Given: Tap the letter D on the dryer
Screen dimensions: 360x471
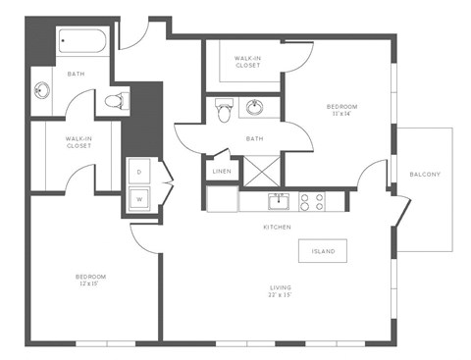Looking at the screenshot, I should (x=139, y=172).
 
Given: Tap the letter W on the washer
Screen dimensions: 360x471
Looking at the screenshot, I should (x=139, y=201).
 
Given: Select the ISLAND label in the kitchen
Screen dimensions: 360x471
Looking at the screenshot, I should (x=323, y=251).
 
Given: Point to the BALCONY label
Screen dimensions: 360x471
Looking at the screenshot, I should (x=425, y=175).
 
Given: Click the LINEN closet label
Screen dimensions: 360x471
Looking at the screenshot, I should (x=222, y=172).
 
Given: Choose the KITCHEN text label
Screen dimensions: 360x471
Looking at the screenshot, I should (x=276, y=227).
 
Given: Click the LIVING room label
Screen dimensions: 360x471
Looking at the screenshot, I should (x=282, y=287).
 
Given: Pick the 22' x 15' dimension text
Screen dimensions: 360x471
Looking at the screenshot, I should (x=282, y=296).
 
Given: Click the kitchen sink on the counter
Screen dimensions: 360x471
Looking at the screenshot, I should (x=280, y=202).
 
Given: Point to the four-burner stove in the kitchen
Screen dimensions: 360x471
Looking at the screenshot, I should (x=312, y=202).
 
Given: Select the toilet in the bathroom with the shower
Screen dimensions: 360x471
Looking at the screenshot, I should (x=222, y=113).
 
